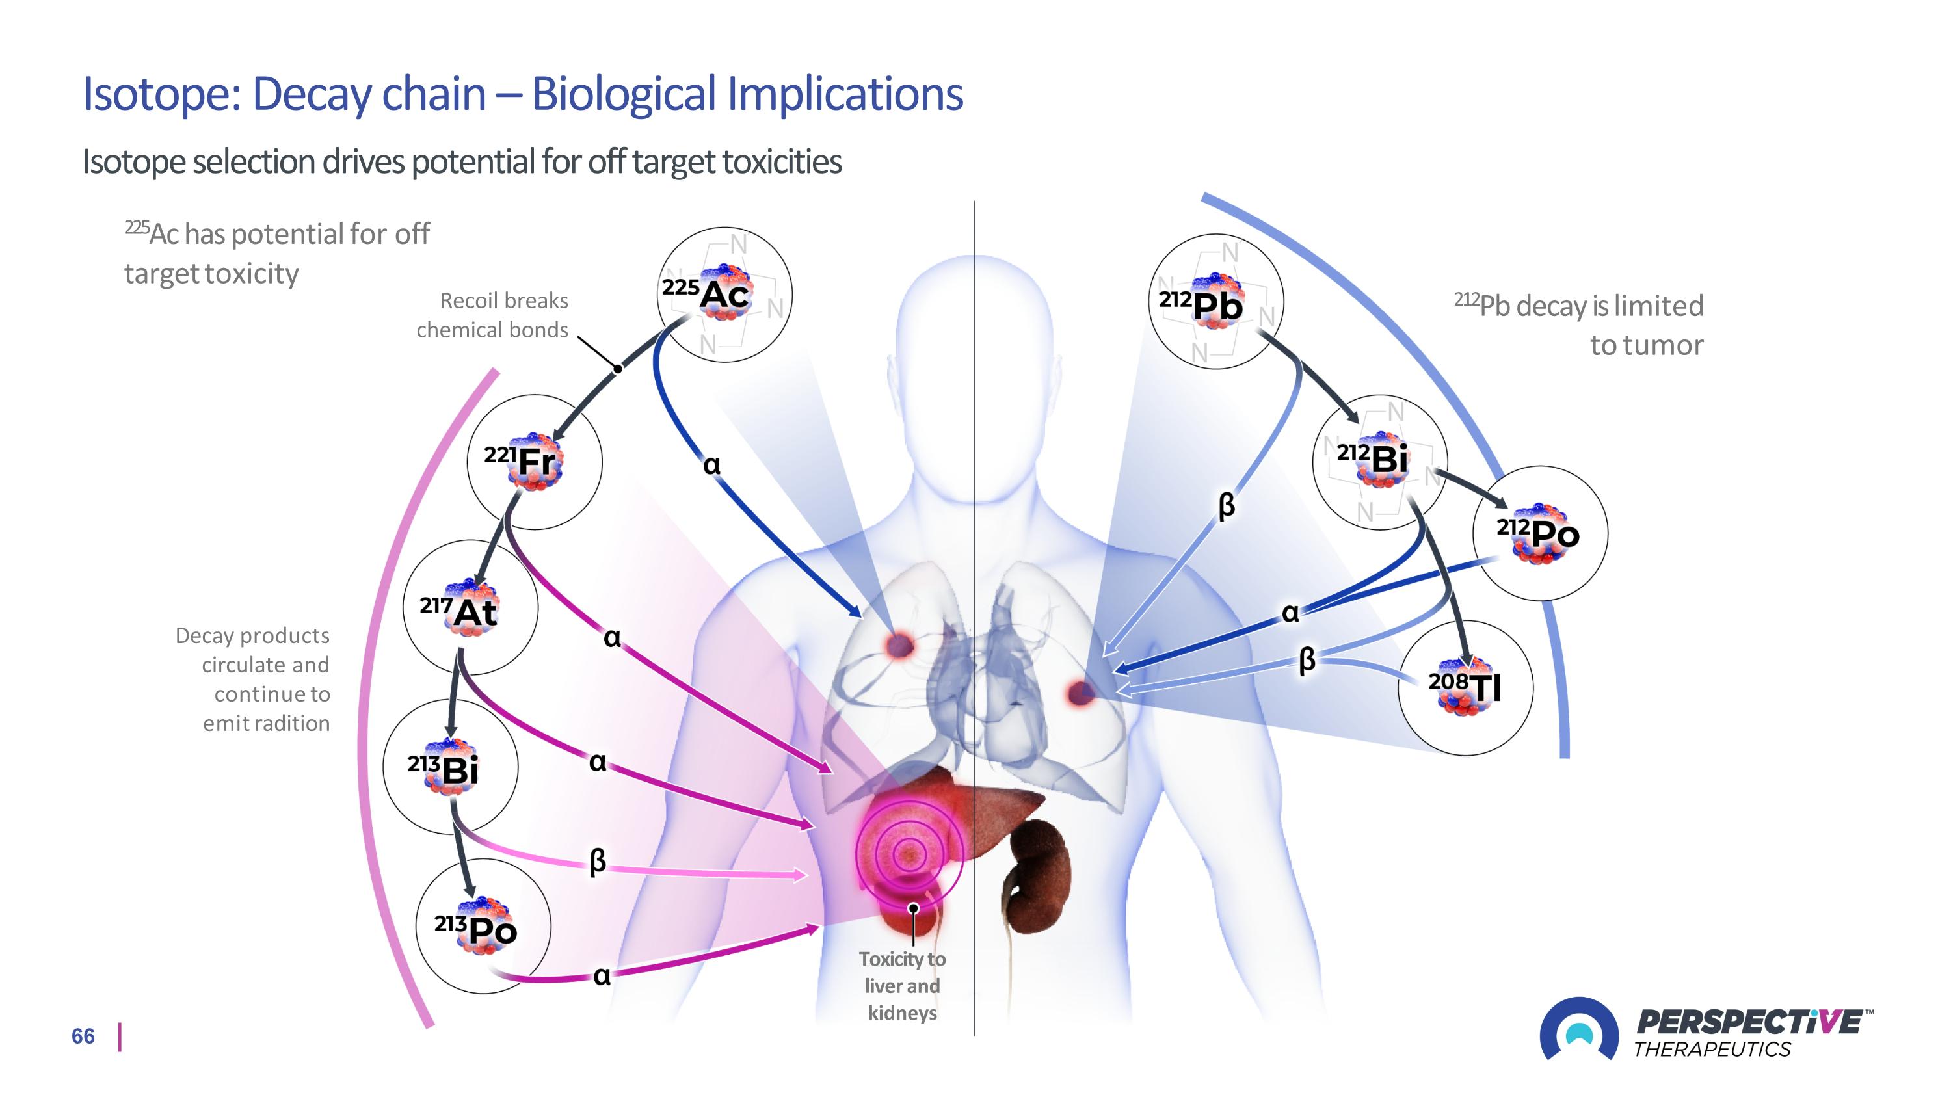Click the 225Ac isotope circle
(x=724, y=295)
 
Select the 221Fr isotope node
(x=535, y=461)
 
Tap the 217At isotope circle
(x=470, y=607)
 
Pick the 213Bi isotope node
(x=451, y=767)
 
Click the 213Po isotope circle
(x=483, y=926)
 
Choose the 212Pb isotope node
(x=1215, y=301)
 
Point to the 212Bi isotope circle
(x=1379, y=461)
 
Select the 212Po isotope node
(x=1540, y=533)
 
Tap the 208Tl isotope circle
(x=1465, y=687)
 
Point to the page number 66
(x=83, y=1037)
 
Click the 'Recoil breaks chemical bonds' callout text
(x=493, y=315)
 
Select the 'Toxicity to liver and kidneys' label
(x=902, y=986)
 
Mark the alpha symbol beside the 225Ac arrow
(x=711, y=464)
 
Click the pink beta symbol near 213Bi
(x=598, y=860)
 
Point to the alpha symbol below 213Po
(x=602, y=976)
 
